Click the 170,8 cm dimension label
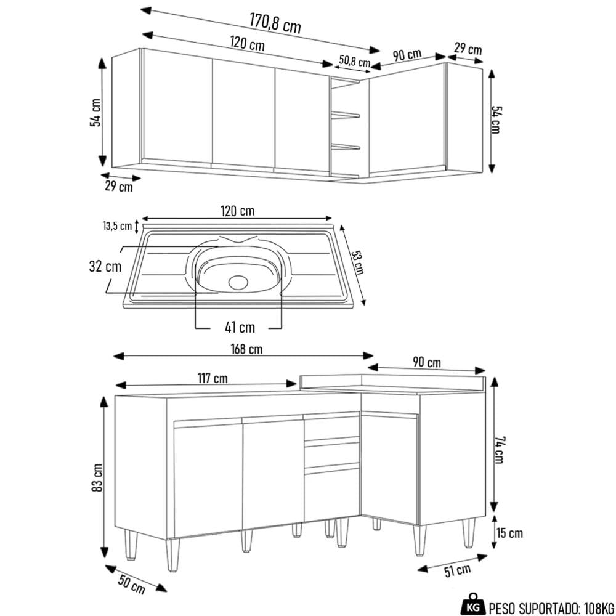point(275,23)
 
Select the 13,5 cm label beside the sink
point(117,226)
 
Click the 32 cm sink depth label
point(105,266)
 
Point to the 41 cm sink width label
point(240,327)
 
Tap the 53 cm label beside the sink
point(357,262)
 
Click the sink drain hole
point(238,282)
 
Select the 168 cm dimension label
point(246,349)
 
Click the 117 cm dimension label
point(212,378)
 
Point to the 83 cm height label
point(97,477)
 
